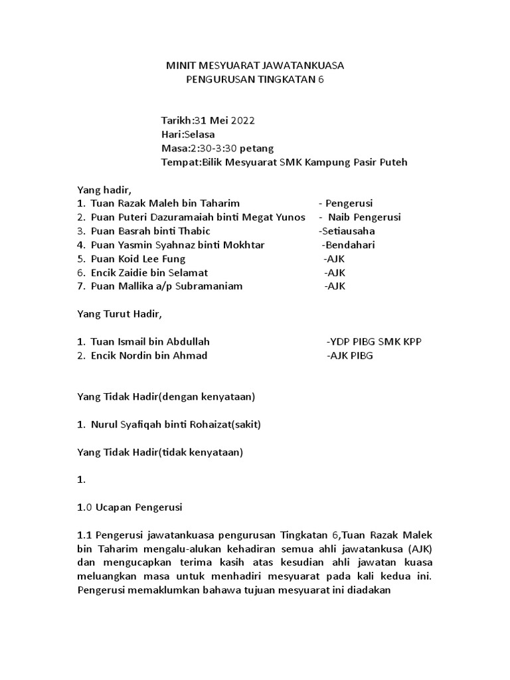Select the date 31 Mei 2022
(x=224, y=121)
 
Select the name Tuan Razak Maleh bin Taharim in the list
(x=165, y=203)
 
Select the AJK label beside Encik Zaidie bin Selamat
(x=335, y=273)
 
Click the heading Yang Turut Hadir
(x=120, y=314)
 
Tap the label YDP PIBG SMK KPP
(x=375, y=341)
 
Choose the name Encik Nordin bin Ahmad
(x=149, y=355)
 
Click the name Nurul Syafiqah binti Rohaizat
(x=166, y=424)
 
